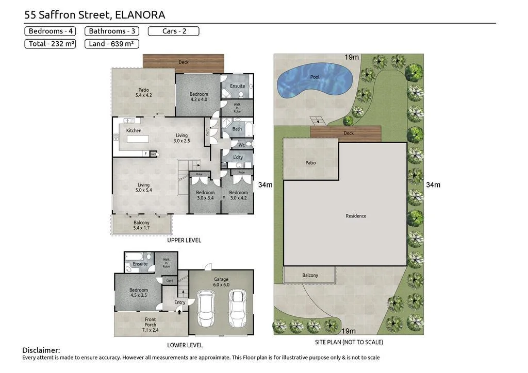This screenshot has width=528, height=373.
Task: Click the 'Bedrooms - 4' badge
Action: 51,31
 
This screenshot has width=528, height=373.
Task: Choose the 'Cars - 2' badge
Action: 174,31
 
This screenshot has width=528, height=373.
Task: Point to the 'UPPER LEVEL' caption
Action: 184,240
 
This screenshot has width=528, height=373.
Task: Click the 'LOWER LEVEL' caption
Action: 185,345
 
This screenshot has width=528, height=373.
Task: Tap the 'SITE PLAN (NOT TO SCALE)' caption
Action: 349,342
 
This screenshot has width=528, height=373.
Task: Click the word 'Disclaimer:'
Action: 41,350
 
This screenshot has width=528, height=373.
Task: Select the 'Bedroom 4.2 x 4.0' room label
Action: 199,97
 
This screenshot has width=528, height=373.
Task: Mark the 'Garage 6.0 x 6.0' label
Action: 221,282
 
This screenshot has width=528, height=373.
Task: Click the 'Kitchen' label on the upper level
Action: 134,130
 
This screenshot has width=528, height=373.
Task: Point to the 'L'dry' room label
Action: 238,157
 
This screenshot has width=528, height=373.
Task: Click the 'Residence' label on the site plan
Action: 356,216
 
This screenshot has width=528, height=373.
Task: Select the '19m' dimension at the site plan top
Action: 352,57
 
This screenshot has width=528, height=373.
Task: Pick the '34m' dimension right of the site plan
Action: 433,184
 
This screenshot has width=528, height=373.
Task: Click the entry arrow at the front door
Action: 180,310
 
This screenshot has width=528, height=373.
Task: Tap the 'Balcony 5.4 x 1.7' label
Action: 141,225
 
